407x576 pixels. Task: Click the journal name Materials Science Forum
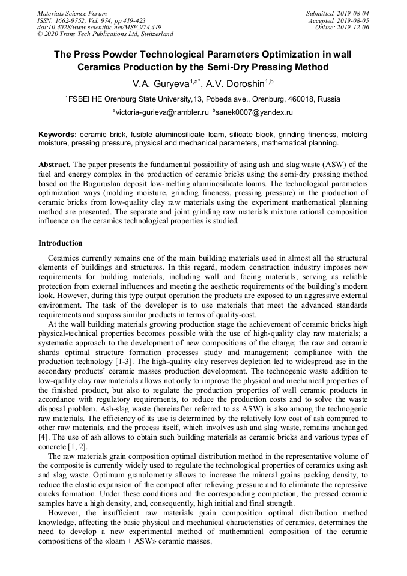pos(72,13)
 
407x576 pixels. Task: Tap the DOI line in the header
pos(99,27)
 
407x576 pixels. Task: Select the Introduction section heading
pos(61,243)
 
